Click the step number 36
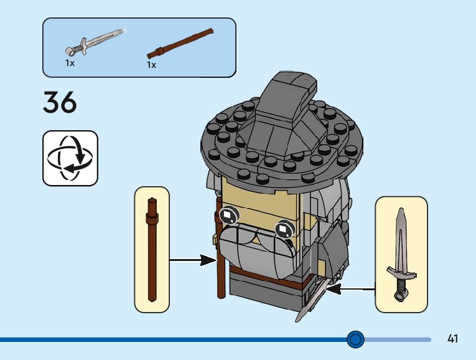click(x=60, y=103)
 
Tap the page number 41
click(x=452, y=339)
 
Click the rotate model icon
click(x=70, y=158)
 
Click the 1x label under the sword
click(x=70, y=63)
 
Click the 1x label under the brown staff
click(x=151, y=65)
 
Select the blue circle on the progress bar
click(x=355, y=339)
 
